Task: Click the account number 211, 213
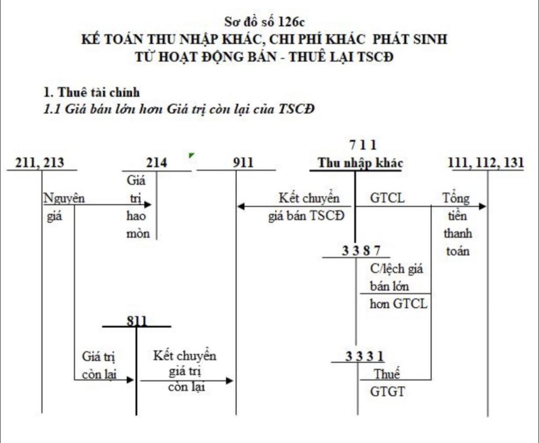(41, 162)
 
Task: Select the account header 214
(157, 162)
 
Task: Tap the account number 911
(243, 162)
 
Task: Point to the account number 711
(363, 144)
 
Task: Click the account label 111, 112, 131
(485, 162)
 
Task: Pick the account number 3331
(364, 357)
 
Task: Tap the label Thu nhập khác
(360, 162)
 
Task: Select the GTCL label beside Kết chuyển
(387, 199)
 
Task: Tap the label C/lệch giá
(396, 268)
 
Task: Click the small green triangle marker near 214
(192, 156)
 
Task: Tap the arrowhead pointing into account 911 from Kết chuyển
(241, 206)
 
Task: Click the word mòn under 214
(138, 234)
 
